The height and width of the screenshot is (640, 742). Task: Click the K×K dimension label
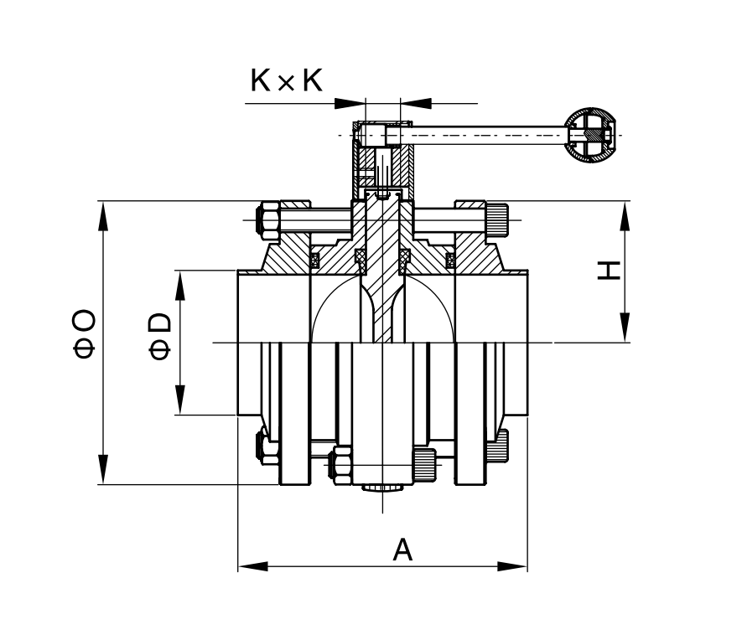pos(286,80)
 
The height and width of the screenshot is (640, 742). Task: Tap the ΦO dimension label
pos(84,333)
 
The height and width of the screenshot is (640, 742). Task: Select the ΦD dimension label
pos(159,336)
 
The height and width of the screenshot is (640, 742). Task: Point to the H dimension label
pos(609,271)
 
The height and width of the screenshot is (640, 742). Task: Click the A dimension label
pos(402,549)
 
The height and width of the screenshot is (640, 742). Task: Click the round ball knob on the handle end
pos(591,136)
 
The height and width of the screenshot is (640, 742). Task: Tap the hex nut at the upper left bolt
pos(267,221)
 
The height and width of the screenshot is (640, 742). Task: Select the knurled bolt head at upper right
pos(496,219)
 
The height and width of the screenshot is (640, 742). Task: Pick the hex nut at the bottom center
pos(343,465)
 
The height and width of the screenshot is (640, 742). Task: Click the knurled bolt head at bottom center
pos(424,465)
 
